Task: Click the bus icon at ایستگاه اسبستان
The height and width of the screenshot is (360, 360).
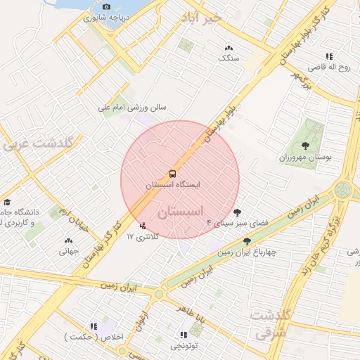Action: (172, 173)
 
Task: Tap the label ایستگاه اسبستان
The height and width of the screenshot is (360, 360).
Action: (172, 184)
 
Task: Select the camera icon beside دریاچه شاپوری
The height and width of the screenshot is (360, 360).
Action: (106, 7)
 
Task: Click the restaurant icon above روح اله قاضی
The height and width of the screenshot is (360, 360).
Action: (328, 56)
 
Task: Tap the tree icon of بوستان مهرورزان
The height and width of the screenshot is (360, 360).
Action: (304, 146)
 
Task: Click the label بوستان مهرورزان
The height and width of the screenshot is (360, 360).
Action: (304, 157)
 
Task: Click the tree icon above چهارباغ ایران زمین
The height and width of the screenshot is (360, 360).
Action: (246, 241)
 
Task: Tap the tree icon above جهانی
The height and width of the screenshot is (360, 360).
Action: (68, 240)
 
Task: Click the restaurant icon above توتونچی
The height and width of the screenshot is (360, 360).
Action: (183, 335)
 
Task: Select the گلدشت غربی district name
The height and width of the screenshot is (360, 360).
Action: (38, 145)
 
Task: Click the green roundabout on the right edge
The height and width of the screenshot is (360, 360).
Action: (343, 189)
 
